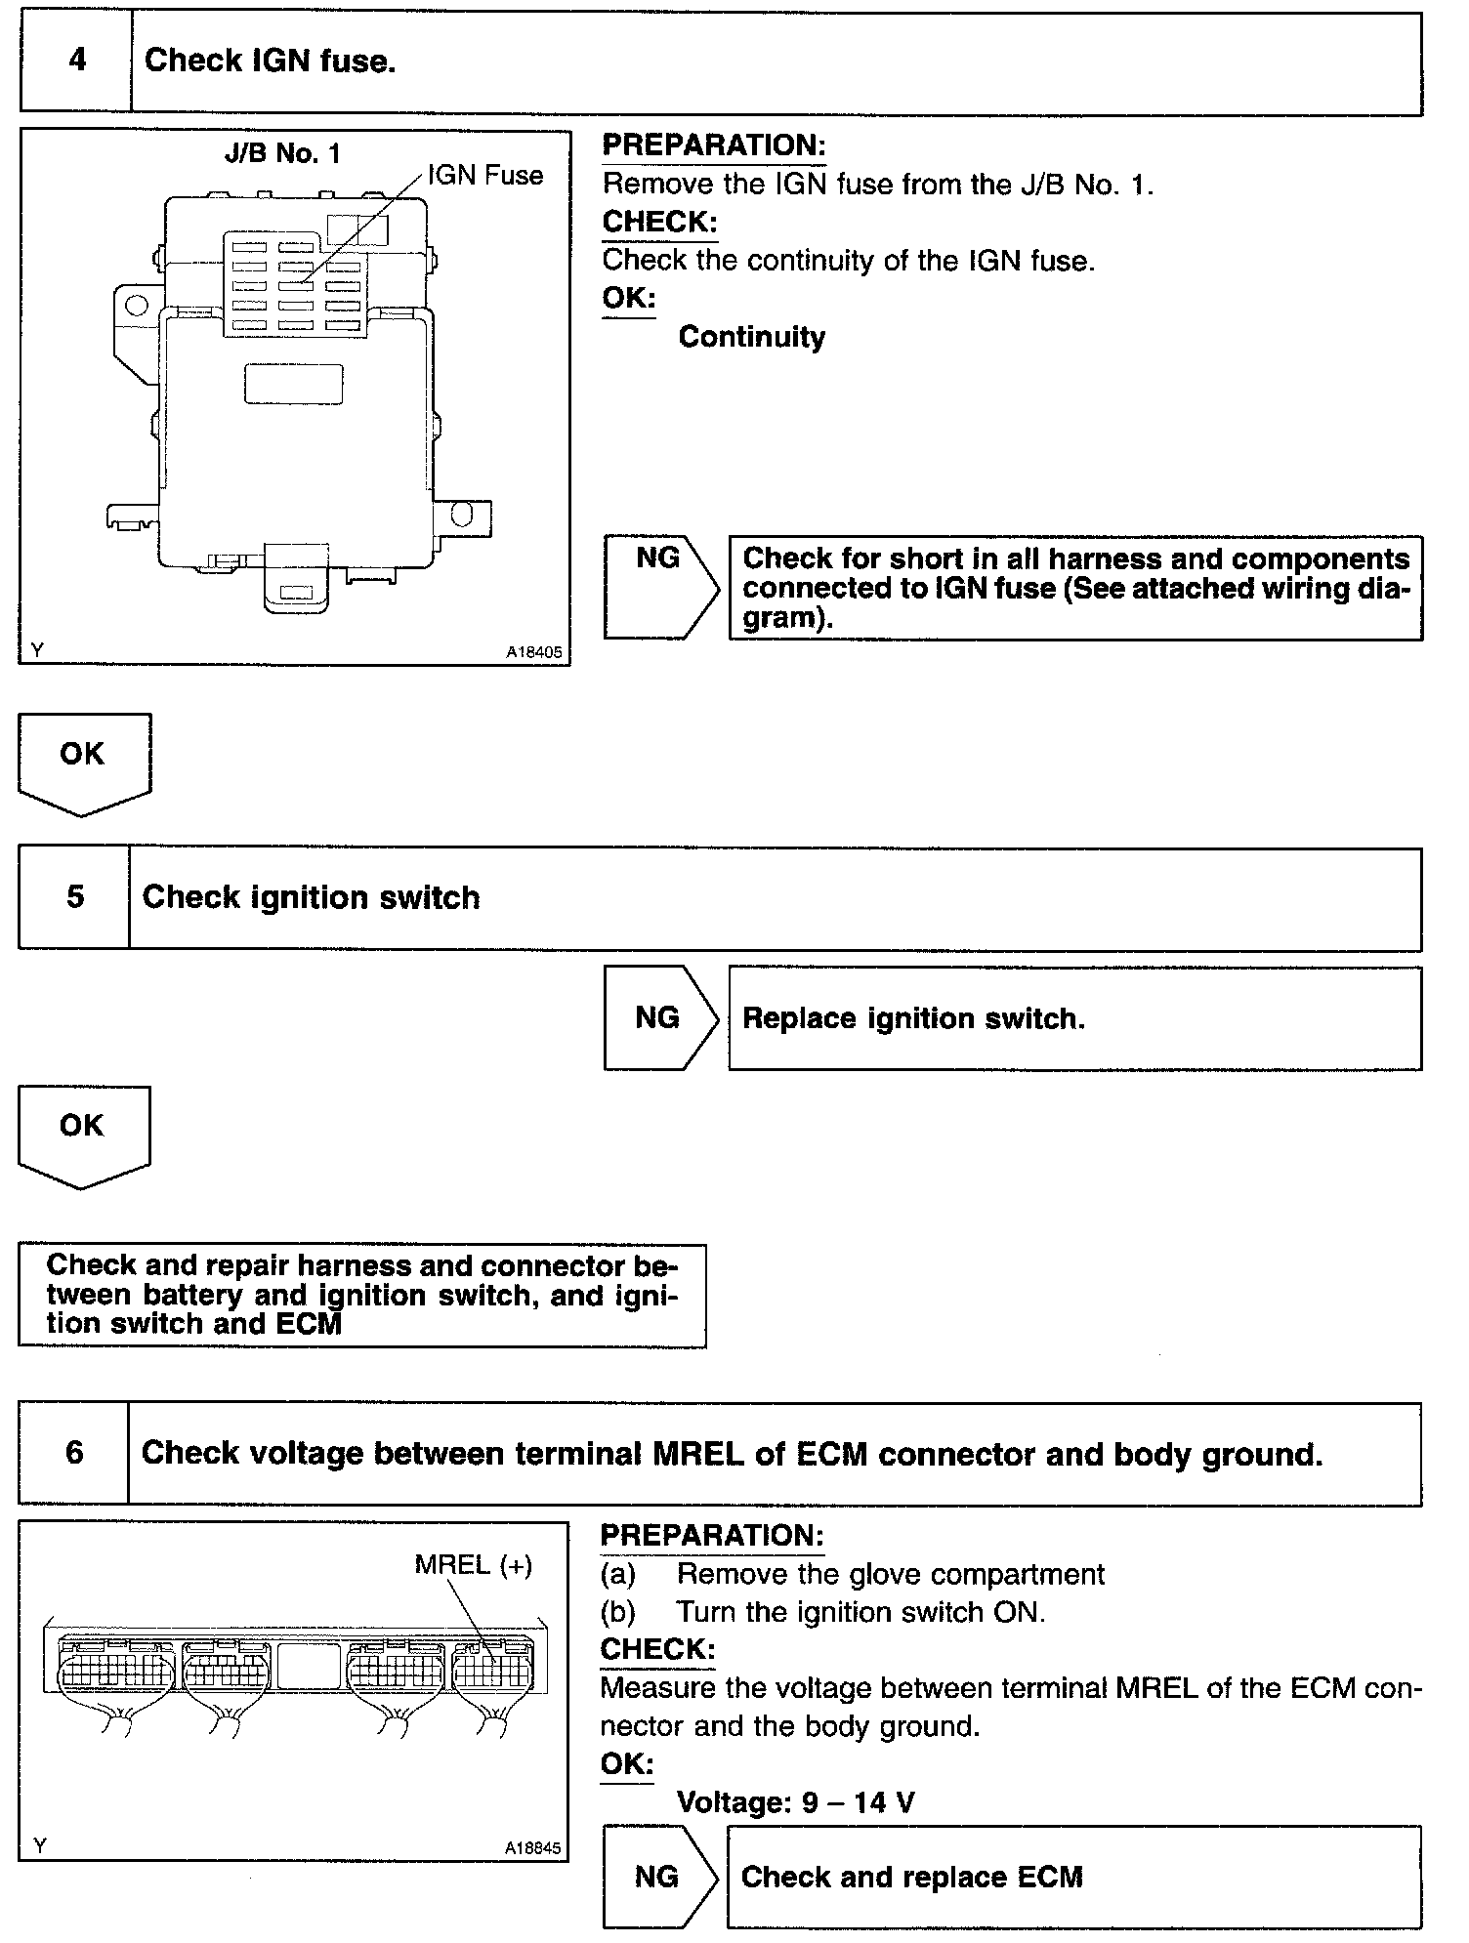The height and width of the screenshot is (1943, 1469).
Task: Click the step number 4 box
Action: tap(76, 62)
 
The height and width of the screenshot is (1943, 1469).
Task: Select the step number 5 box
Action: tap(74, 898)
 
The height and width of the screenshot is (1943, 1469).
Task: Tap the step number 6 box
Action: tap(74, 1453)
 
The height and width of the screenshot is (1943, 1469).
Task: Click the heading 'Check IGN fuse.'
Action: tap(270, 62)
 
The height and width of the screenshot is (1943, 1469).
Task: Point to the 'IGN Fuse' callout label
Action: tap(485, 176)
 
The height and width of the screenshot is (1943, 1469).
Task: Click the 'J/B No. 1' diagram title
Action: tap(283, 153)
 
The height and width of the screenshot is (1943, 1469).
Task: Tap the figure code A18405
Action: tap(534, 653)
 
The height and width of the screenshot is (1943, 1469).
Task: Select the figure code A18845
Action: tap(533, 1847)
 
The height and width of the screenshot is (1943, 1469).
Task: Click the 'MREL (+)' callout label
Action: tap(474, 1565)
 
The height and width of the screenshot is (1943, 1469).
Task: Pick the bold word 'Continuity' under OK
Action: tap(751, 338)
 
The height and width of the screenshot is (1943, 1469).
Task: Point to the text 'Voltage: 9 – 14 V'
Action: tap(795, 1801)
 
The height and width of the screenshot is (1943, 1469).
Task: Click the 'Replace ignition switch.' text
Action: tap(913, 1018)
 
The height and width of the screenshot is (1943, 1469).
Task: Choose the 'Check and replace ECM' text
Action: tap(911, 1877)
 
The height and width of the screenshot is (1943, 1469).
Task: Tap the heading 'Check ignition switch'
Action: tap(311, 898)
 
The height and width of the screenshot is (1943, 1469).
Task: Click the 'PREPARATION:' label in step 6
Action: tap(712, 1536)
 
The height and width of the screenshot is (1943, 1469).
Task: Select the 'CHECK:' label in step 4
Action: tap(659, 223)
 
